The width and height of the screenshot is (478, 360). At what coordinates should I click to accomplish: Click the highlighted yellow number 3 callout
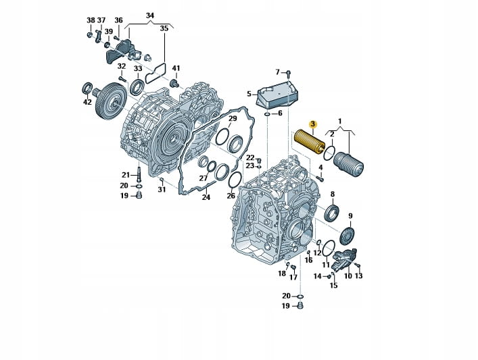pos(312,125)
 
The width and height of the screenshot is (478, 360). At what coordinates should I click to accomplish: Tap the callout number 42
pos(87,102)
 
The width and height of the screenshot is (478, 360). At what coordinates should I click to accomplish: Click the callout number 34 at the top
pos(149,15)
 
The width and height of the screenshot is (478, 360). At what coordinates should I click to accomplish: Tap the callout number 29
pos(232,119)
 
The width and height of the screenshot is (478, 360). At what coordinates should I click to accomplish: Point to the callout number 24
pos(206,198)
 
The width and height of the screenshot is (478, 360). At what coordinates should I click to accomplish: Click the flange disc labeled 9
pos(350,236)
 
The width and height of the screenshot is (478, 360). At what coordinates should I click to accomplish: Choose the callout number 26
pos(231,197)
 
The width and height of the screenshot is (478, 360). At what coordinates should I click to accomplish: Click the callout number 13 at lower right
pos(358,276)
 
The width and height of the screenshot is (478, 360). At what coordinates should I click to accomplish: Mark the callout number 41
pos(176,68)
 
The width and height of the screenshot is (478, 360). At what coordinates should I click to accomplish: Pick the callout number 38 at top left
pos(91,20)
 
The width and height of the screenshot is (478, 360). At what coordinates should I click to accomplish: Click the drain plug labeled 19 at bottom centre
pos(302,307)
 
